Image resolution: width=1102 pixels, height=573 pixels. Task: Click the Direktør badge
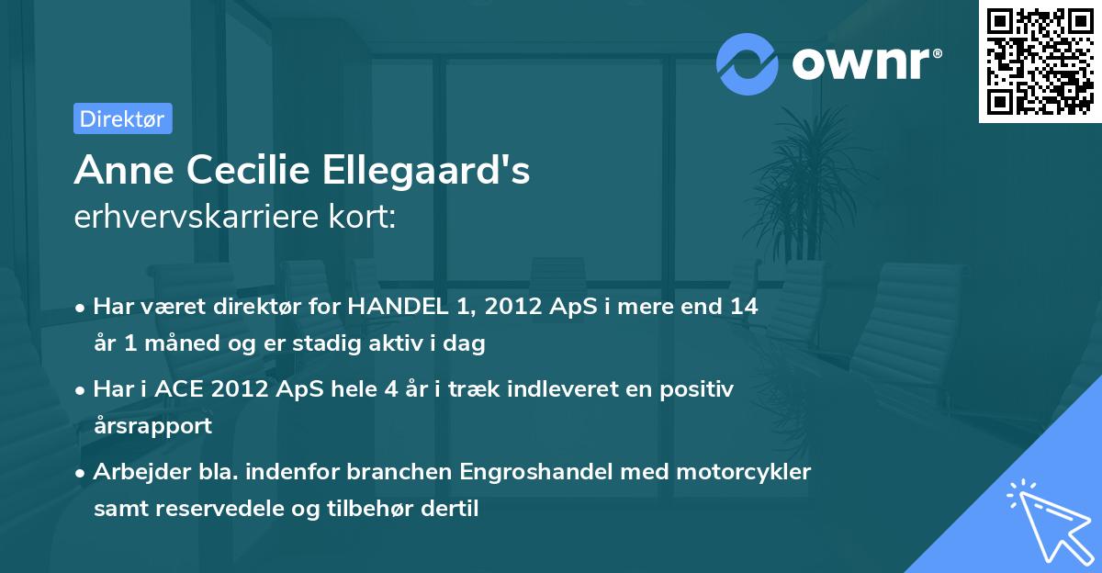coord(122,118)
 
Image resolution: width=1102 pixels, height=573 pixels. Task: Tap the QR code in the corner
coord(1039,62)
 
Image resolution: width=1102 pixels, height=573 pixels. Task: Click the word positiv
coord(699,389)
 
